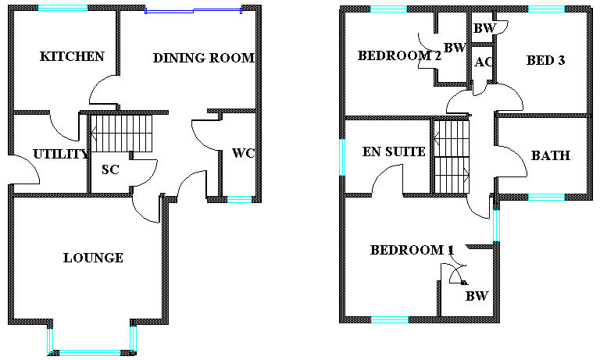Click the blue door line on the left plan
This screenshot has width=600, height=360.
pos(169,12)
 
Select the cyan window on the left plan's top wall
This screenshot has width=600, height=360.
pos(62,8)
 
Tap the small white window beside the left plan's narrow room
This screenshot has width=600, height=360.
pos(239,199)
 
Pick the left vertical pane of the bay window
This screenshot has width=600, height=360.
pos(50,340)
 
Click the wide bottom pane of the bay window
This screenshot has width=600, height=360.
pos(90,353)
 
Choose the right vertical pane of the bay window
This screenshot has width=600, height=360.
pos(133,338)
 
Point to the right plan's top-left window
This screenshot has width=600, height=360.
pos(388,9)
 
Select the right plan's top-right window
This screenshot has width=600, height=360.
pos(546,9)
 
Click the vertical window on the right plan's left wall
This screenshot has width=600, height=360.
pos(341,157)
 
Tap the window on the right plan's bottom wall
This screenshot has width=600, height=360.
pos(389,319)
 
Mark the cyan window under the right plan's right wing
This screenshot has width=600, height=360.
pos(546,197)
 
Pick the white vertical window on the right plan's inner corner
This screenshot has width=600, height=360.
pos(496,226)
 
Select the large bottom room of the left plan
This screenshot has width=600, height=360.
pos(86,258)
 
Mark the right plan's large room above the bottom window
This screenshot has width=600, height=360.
pos(391,258)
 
